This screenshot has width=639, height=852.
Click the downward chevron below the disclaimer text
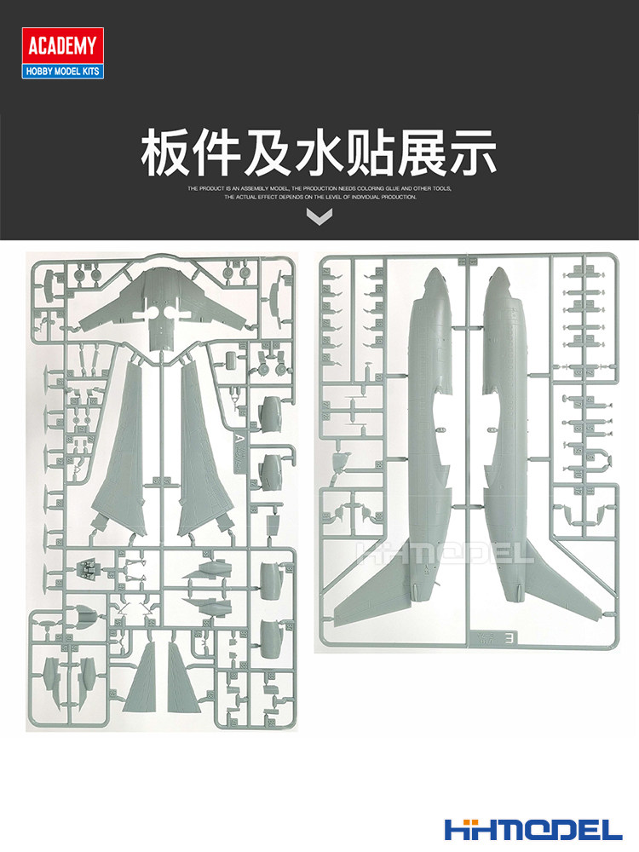[319, 218]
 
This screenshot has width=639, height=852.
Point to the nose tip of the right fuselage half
[498, 274]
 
